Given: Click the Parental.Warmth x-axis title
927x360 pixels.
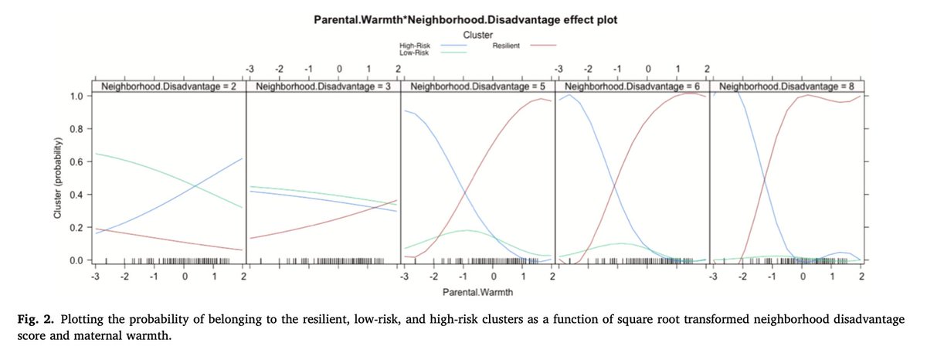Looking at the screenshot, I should (477, 294).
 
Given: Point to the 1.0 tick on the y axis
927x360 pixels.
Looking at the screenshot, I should (77, 97).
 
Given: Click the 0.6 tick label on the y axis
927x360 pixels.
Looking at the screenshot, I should (77, 162).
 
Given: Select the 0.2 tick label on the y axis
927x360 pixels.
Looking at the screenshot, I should (77, 228).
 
